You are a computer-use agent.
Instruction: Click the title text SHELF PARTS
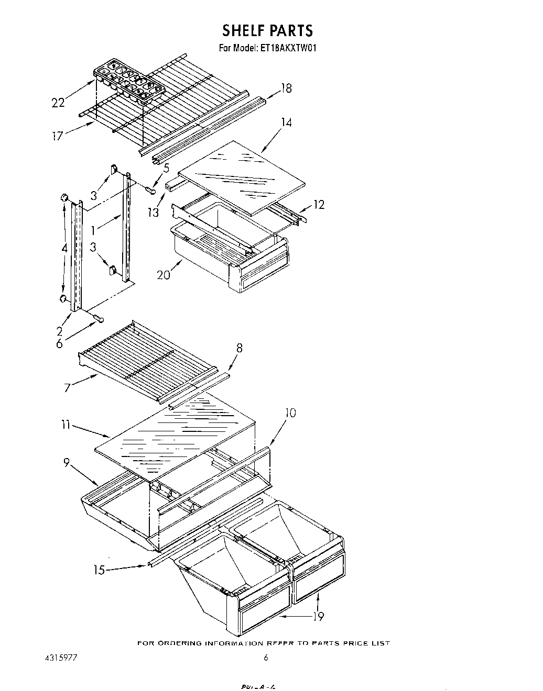pyautogui.click(x=267, y=30)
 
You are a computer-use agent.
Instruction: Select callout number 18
pyautogui.click(x=286, y=88)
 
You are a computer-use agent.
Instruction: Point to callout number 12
pyautogui.click(x=318, y=204)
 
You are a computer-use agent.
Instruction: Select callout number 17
pyautogui.click(x=57, y=136)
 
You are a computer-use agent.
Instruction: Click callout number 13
pyautogui.click(x=153, y=213)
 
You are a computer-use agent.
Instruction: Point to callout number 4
pyautogui.click(x=63, y=249)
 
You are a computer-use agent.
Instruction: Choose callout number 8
pyautogui.click(x=238, y=348)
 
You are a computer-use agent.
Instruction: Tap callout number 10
pyautogui.click(x=289, y=413)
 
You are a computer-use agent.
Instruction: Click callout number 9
pyautogui.click(x=66, y=463)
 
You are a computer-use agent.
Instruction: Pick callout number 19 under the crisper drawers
pyautogui.click(x=318, y=616)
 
